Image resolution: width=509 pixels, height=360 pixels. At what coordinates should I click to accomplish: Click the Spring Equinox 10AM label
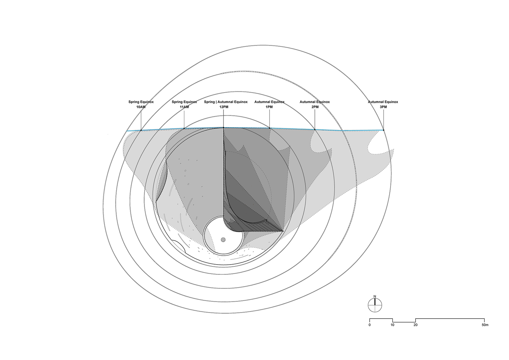pos(141,104)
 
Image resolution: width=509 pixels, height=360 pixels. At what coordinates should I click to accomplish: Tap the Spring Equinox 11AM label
pos(184,104)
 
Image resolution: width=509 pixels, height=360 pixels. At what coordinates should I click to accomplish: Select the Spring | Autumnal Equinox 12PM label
pos(226,104)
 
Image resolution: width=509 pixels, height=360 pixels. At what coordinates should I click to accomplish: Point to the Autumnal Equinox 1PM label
pos(269,104)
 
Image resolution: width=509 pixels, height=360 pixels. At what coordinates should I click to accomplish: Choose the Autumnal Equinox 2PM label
pos(315,104)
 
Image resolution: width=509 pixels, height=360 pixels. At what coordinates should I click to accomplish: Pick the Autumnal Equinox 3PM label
pos(383,104)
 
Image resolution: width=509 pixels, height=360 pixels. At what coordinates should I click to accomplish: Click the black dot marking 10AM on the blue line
pos(141,130)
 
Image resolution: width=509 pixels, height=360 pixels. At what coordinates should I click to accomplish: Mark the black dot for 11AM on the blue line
pos(184,129)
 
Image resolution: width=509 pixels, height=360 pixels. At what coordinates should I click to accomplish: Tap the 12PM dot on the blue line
pos(224,127)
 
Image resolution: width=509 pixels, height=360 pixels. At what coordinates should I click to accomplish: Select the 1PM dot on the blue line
pos(270,128)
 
